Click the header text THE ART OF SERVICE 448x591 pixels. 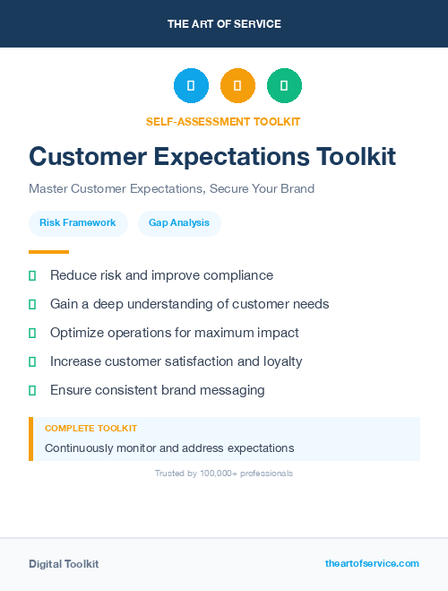[x=224, y=24]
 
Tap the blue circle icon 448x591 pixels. [x=191, y=86]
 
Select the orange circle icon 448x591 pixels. [x=237, y=86]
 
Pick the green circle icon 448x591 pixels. [x=284, y=86]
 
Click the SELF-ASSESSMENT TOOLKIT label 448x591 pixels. [x=223, y=121]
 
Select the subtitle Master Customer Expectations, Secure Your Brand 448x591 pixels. [x=171, y=189]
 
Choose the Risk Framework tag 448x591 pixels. [x=78, y=222]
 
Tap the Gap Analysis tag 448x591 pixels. [x=179, y=222]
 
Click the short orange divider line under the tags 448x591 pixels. [x=48, y=252]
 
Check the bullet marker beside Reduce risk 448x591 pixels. [x=32, y=275]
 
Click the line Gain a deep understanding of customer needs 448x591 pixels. [x=189, y=304]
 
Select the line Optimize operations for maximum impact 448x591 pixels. [x=174, y=333]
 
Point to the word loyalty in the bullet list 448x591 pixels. [x=280, y=361]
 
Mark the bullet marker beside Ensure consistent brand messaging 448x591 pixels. [x=32, y=390]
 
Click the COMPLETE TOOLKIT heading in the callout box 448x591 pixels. [x=90, y=429]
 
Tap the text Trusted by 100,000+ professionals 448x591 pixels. [x=224, y=473]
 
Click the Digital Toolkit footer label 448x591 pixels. [x=64, y=564]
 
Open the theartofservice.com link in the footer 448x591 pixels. [x=372, y=563]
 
